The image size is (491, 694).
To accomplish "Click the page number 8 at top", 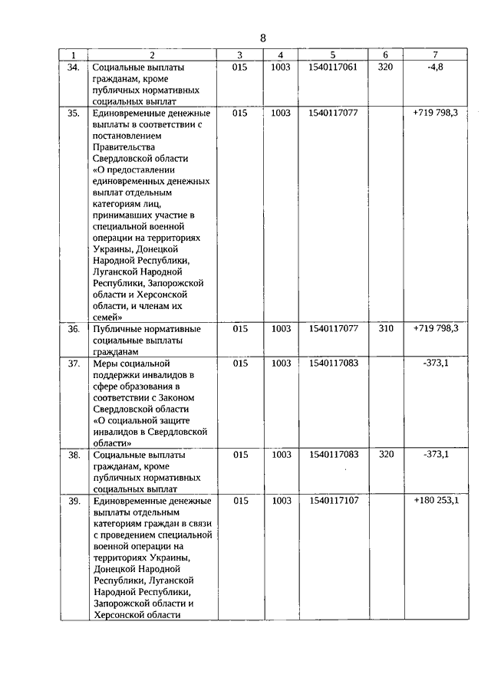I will click(262, 38).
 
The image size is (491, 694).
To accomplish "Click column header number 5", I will click(333, 55).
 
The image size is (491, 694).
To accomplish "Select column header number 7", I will click(435, 55).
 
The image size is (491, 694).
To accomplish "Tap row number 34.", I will click(74, 67).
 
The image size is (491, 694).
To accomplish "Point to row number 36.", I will click(74, 329).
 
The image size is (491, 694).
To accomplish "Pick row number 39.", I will click(74, 501).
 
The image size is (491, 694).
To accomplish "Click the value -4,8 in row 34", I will click(435, 67).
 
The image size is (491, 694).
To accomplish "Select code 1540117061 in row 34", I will click(333, 67).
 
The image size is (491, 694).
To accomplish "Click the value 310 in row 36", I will click(385, 329).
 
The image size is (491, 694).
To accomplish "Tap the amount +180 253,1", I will click(435, 501).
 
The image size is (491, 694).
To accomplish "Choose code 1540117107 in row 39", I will click(333, 501).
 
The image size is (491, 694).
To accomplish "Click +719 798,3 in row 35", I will click(435, 113).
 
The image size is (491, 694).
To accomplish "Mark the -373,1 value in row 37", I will click(435, 363).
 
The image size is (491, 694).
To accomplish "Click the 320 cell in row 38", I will click(385, 455).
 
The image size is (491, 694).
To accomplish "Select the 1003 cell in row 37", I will click(281, 363).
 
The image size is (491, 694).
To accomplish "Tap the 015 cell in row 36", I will click(240, 329).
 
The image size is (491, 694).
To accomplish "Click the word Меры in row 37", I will click(104, 363).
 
